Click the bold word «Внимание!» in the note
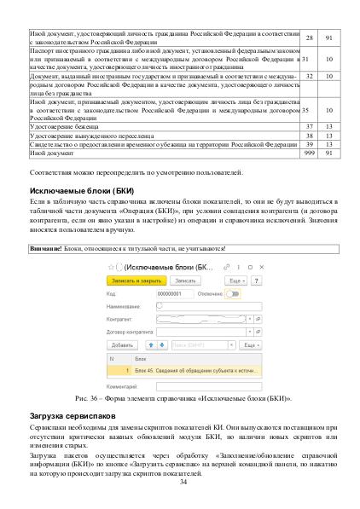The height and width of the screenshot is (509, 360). coord(46,248)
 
